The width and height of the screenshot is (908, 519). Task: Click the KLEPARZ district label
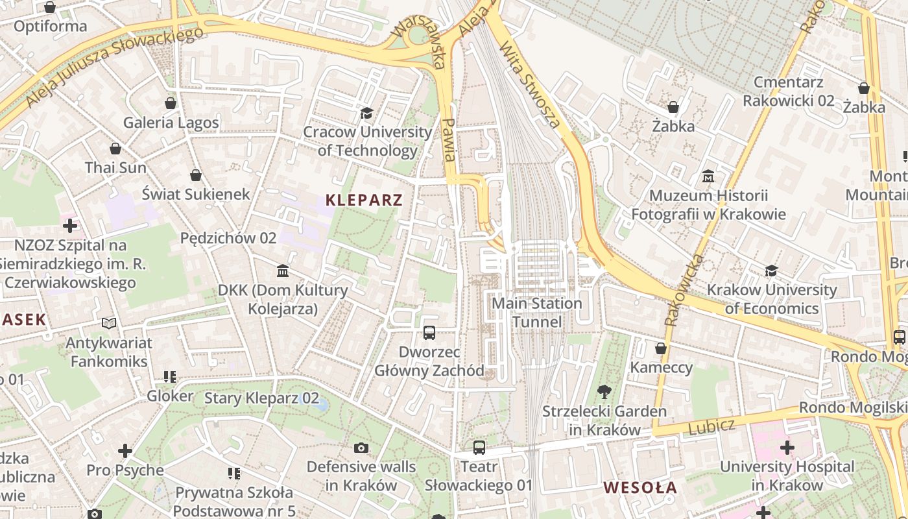click(364, 200)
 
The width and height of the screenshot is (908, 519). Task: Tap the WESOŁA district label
click(640, 488)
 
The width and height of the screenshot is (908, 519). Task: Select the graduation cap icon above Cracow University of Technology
click(366, 114)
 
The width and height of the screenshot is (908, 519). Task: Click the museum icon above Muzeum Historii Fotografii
click(708, 176)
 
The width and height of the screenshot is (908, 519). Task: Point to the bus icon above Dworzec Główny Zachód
click(429, 333)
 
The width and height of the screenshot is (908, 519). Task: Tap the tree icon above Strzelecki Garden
click(604, 391)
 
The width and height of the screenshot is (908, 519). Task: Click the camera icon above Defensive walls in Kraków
click(361, 448)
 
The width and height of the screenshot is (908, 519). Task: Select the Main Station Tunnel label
click(537, 312)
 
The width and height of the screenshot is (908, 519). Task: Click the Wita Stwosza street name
click(530, 85)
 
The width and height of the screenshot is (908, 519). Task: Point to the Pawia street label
click(449, 139)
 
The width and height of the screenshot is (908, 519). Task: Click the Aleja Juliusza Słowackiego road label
click(114, 67)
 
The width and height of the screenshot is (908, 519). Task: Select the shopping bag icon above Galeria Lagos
click(171, 103)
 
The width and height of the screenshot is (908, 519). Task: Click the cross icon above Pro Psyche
click(125, 450)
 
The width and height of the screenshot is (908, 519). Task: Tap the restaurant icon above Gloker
click(170, 377)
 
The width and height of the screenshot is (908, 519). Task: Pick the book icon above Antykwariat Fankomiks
click(109, 323)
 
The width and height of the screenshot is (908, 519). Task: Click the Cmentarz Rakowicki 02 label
click(789, 91)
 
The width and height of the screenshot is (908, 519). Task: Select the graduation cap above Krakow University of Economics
click(771, 271)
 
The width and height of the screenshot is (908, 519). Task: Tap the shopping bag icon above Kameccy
click(661, 349)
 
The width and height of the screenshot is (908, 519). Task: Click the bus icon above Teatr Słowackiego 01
click(479, 447)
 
